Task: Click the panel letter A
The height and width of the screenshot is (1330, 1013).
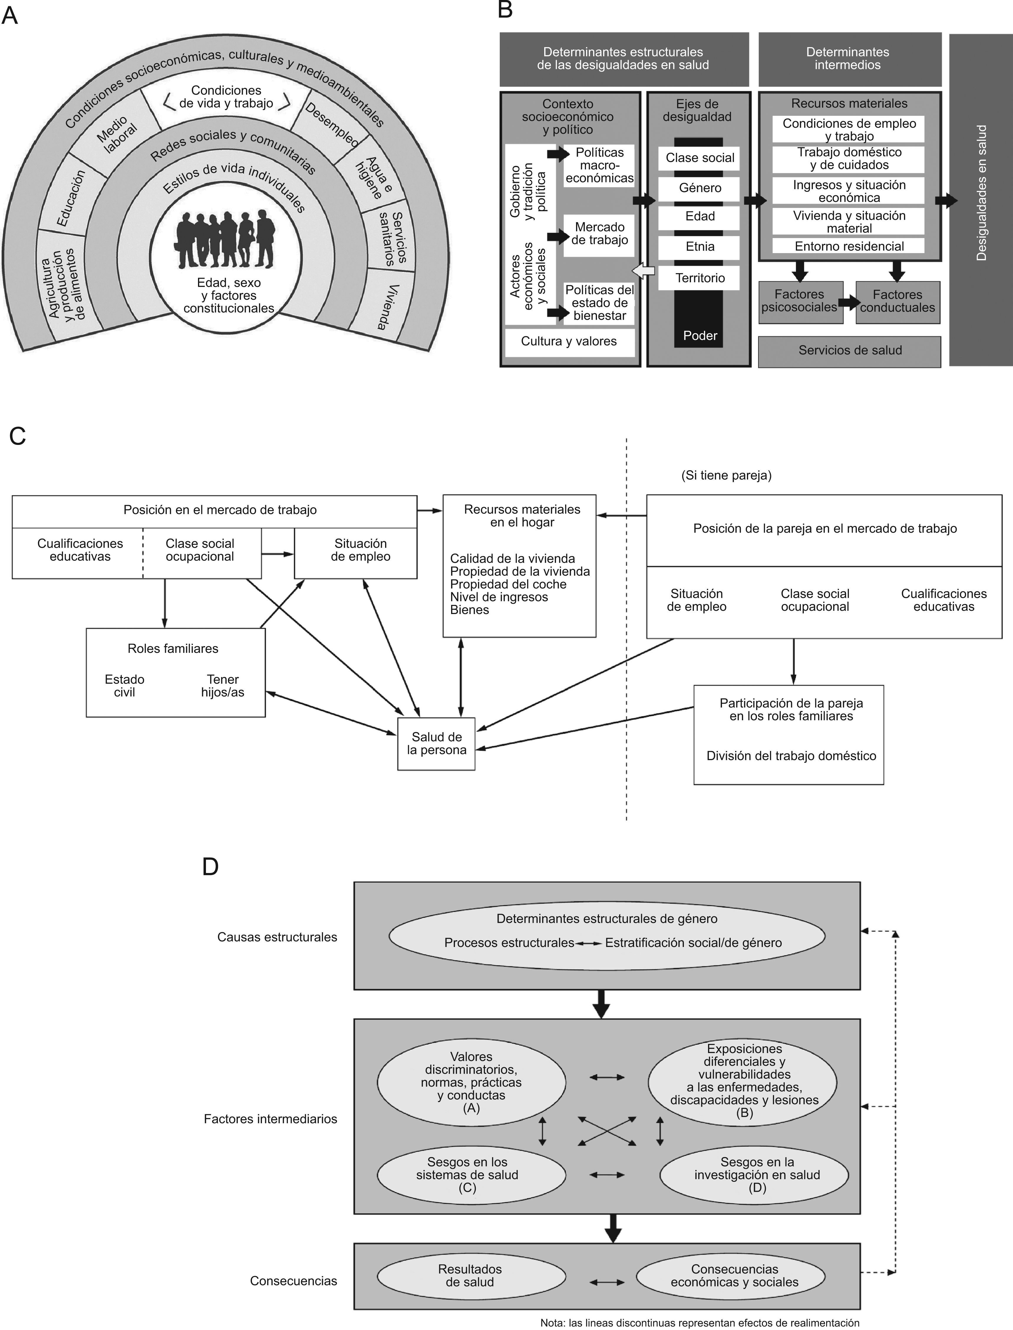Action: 10,15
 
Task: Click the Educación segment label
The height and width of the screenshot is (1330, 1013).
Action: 71,198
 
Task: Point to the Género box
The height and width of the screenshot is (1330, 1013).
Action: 699,188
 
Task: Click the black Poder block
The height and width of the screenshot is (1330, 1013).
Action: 699,335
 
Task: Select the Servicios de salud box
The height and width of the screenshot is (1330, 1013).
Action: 849,350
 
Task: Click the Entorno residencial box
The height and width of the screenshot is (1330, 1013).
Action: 849,246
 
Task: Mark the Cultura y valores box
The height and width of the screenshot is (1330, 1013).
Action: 569,341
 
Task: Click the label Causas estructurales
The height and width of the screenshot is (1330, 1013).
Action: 277,937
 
